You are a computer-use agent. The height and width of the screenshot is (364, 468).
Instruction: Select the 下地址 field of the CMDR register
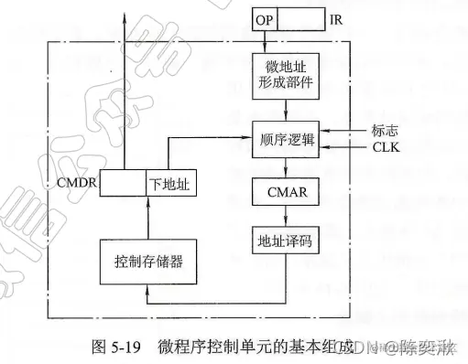pos(170,183)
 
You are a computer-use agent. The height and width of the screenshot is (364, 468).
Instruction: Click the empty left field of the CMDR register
pos(123,183)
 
